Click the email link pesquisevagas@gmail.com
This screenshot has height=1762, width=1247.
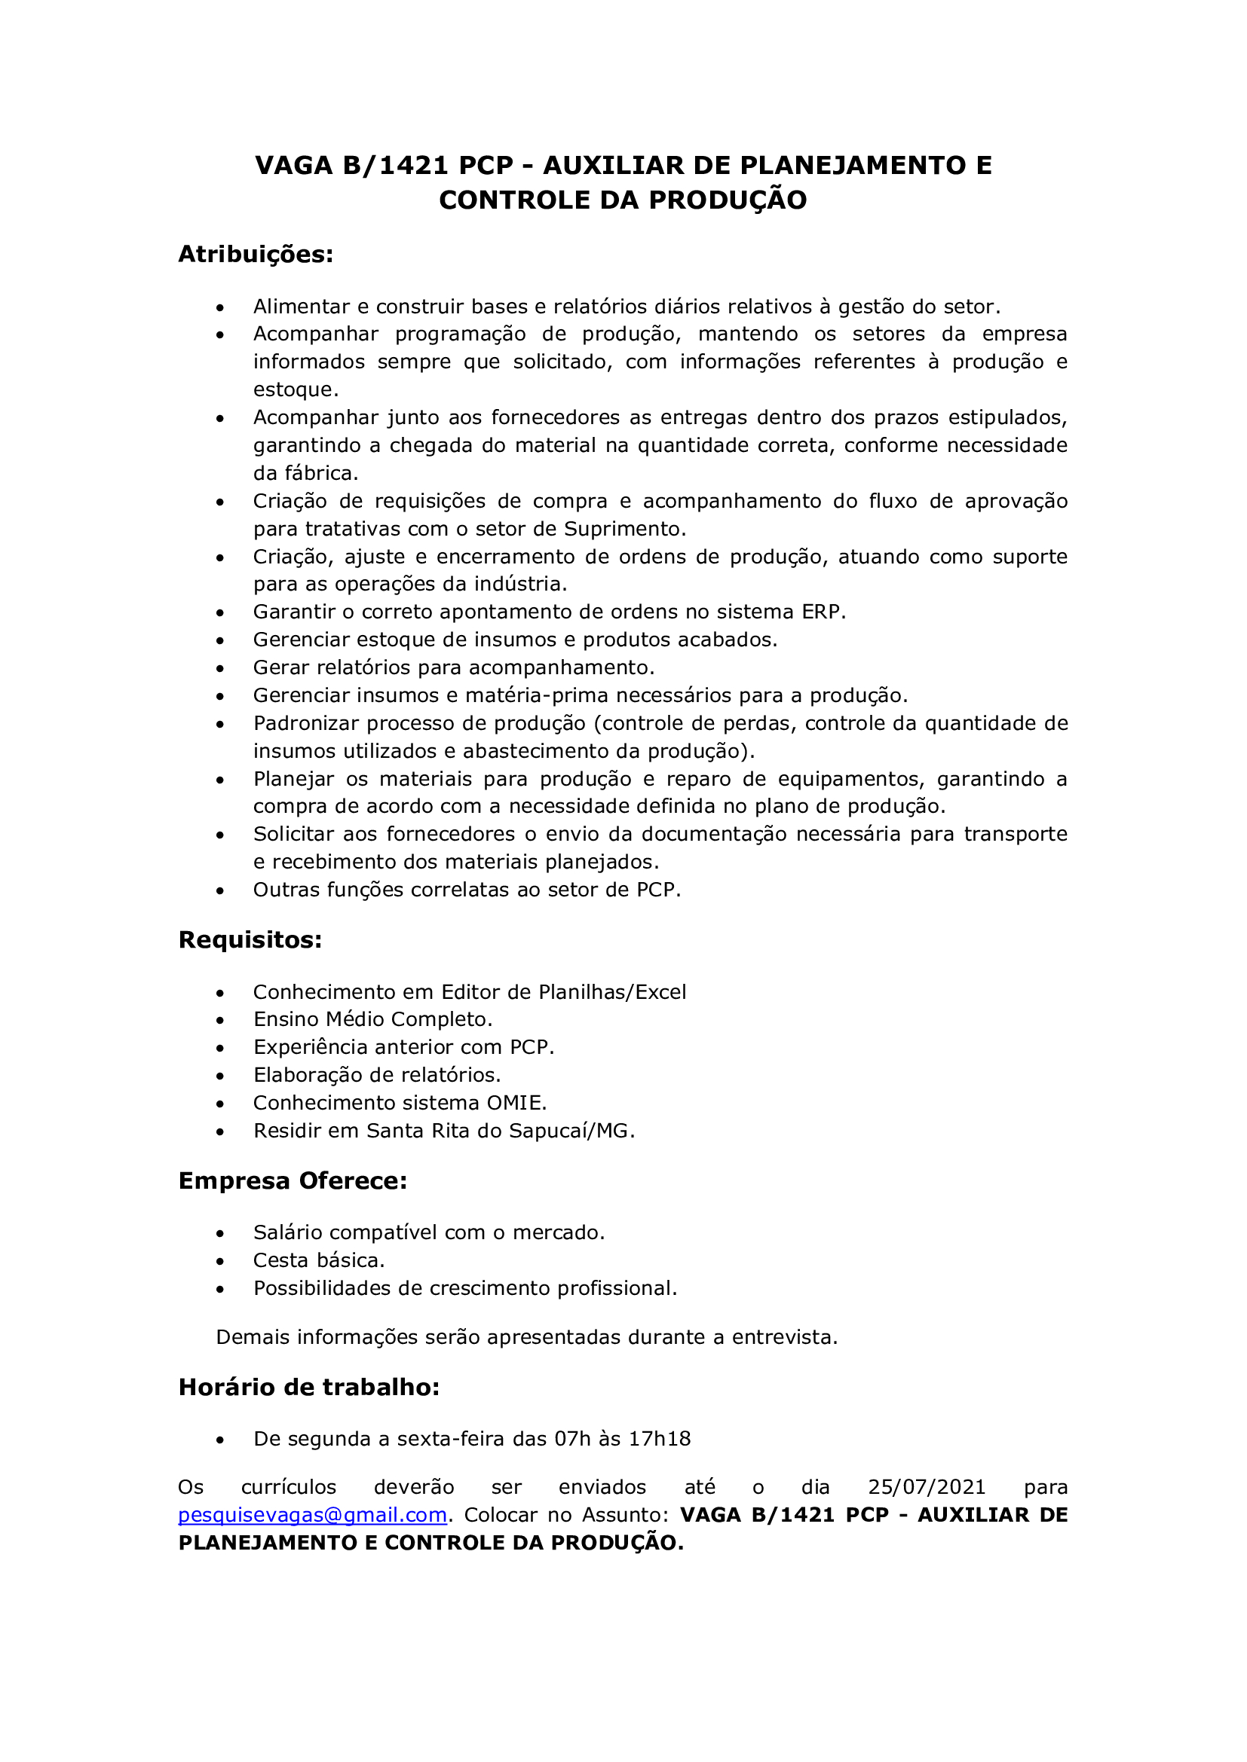coord(312,1515)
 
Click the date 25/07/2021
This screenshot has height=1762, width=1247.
coord(926,1487)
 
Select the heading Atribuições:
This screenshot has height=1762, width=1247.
coord(256,254)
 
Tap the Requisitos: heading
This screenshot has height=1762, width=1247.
coord(250,939)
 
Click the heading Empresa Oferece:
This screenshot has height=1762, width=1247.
coord(293,1180)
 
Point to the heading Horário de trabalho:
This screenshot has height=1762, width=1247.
coord(308,1387)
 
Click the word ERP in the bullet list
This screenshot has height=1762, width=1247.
coord(823,612)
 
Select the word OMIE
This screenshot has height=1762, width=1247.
coord(516,1103)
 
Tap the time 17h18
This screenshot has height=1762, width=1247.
coord(660,1438)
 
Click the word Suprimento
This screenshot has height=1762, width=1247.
coord(624,529)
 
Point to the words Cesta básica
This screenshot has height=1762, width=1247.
coord(319,1260)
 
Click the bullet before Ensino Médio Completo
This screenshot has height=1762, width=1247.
coord(220,1021)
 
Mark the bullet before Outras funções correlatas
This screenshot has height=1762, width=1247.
coord(220,891)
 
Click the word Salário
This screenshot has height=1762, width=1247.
coord(286,1232)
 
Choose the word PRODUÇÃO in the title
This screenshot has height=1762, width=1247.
coord(728,200)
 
